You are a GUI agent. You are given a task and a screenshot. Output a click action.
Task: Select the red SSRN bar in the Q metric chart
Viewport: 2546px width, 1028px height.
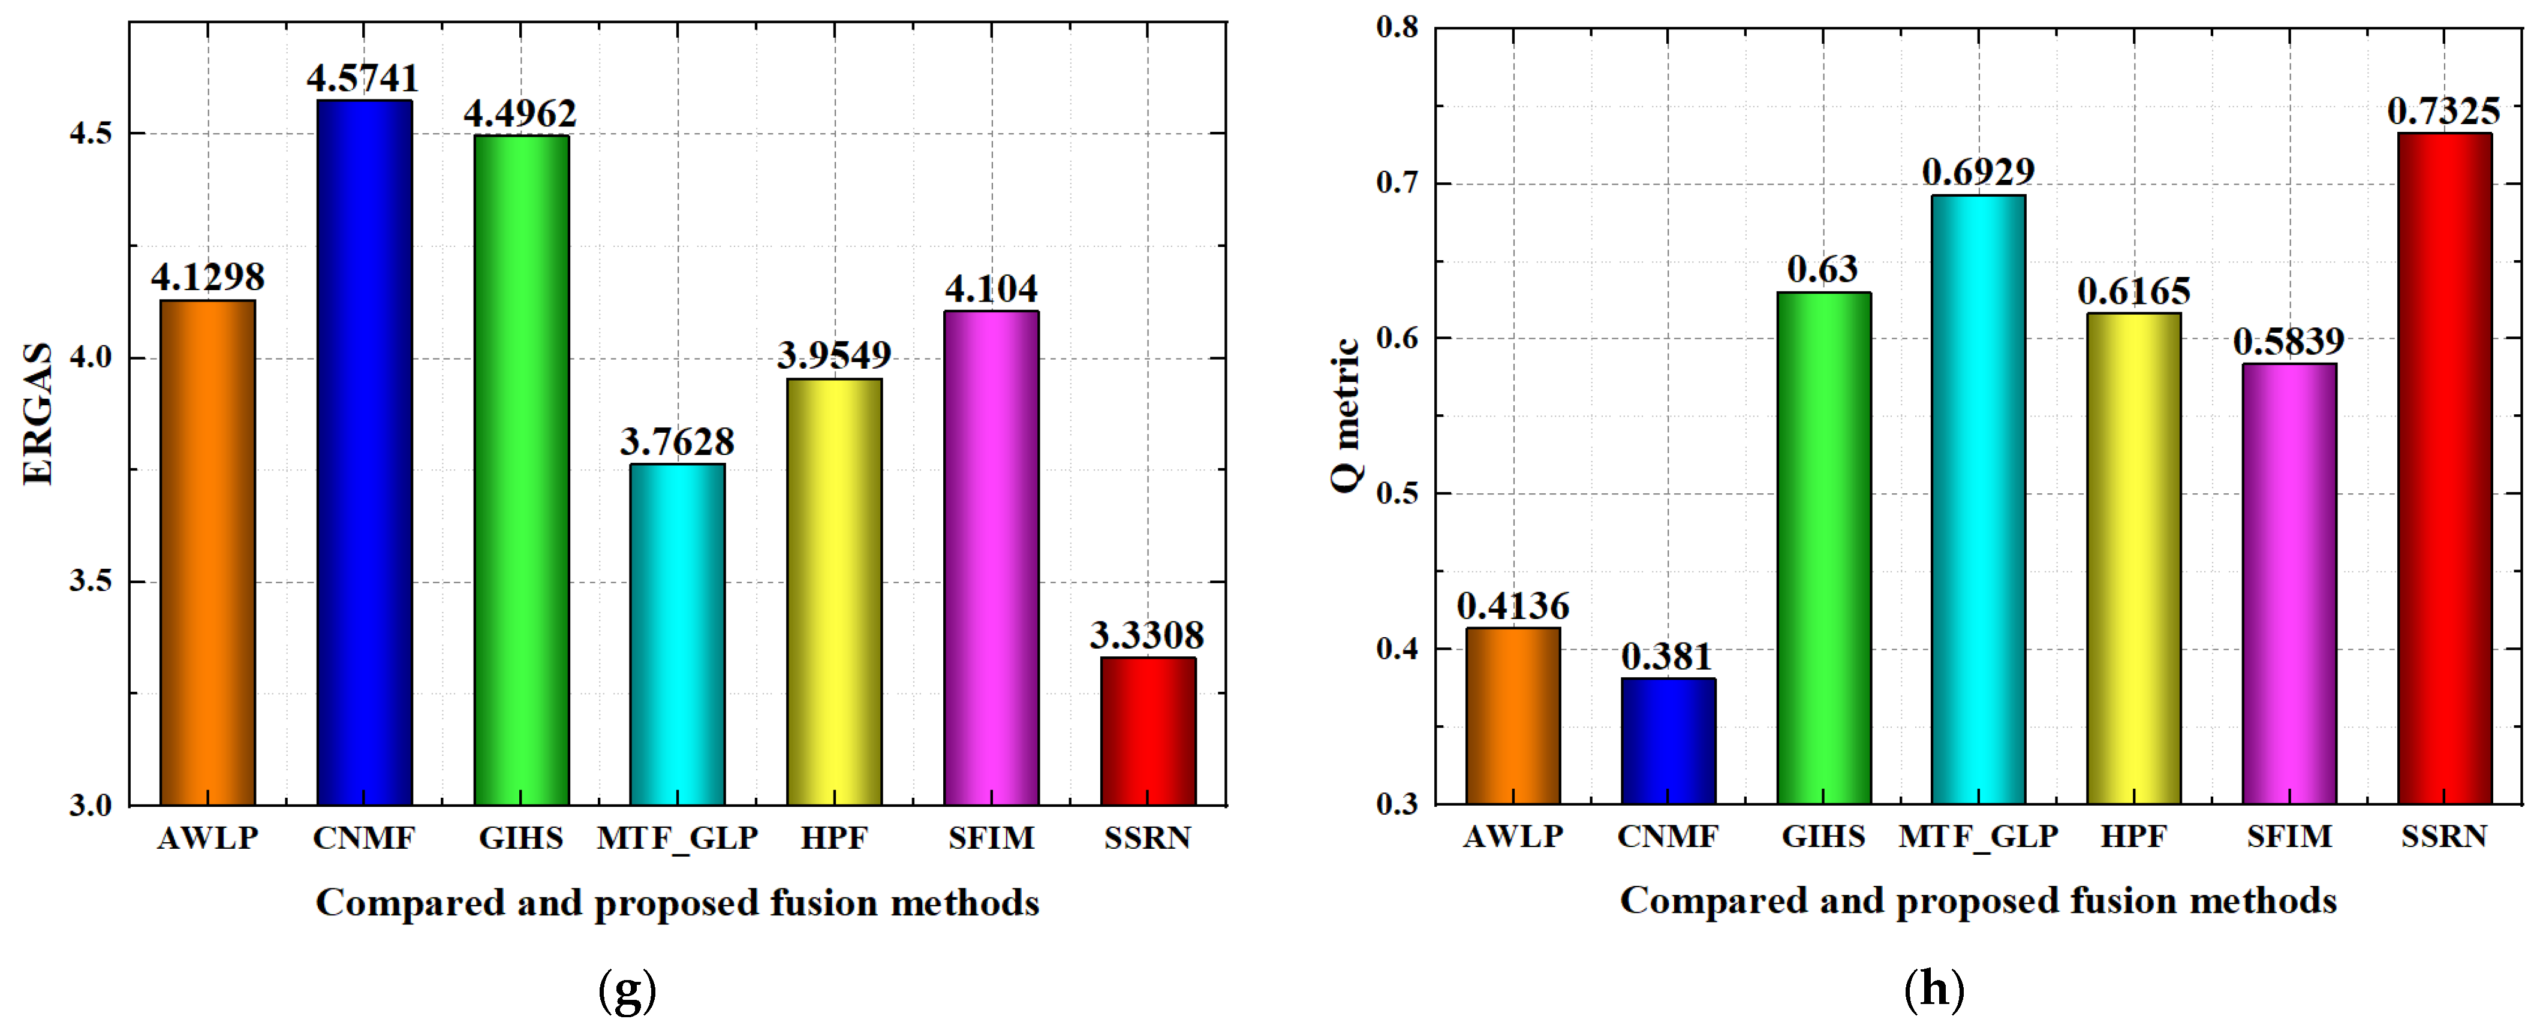pos(2444,469)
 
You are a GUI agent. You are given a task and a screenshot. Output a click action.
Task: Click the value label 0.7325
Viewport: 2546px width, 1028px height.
pos(2443,111)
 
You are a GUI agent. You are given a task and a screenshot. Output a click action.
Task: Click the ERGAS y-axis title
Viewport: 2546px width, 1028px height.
pos(38,413)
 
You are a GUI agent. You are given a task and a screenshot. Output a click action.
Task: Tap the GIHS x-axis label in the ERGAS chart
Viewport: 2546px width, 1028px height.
pos(521,838)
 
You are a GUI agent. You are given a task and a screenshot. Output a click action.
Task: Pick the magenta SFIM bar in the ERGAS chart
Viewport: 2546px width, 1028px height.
pos(991,559)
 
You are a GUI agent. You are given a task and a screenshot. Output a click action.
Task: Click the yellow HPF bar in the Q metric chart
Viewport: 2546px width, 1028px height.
pos(2134,559)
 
